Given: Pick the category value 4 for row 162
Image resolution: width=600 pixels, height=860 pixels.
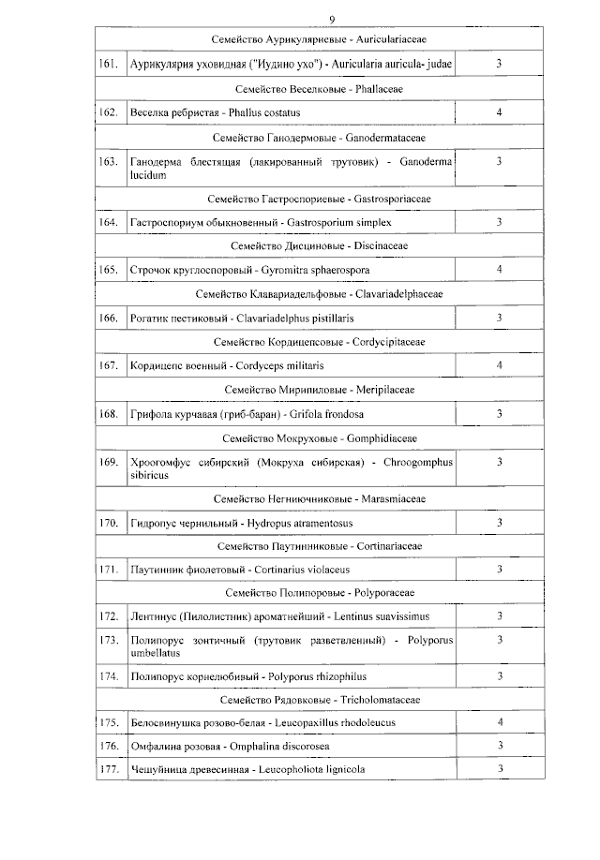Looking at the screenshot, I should click(x=499, y=112).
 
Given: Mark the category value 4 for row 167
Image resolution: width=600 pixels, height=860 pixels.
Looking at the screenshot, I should click(x=499, y=364).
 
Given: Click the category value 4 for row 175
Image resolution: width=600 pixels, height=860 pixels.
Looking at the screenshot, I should click(x=499, y=722).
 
